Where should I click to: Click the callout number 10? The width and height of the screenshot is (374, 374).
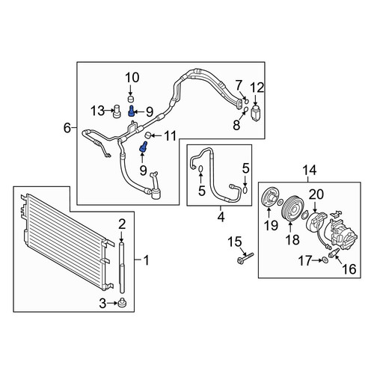coord(132,78)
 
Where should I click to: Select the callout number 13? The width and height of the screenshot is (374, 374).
coord(97,111)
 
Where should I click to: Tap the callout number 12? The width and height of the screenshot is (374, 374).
coord(257,88)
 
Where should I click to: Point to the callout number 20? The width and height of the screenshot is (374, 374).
coord(316,194)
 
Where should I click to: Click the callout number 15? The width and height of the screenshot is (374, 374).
coord(235,242)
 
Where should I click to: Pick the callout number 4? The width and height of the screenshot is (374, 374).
coord(221,217)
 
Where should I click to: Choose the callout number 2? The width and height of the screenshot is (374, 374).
coord(122,224)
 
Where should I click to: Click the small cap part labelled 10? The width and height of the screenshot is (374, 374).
coord(131,99)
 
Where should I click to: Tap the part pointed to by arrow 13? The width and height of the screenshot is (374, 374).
coord(117,111)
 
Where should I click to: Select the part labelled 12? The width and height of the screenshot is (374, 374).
coord(255,113)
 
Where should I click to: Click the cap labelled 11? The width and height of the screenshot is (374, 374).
coord(148,135)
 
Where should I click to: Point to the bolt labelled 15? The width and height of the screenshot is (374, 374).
coord(245,258)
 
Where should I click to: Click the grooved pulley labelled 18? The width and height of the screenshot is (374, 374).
coord(290,209)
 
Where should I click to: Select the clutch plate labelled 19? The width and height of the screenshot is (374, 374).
coord(269,198)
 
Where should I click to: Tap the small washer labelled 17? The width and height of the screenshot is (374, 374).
coord(325,260)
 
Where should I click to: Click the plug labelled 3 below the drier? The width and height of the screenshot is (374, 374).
coord(122,303)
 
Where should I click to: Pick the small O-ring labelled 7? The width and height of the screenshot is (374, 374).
coord(247,101)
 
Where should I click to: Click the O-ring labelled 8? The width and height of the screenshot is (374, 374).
coord(245,110)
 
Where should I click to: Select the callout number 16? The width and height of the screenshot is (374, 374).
coord(349,269)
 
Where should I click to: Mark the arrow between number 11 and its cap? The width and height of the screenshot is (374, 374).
coord(156,135)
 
